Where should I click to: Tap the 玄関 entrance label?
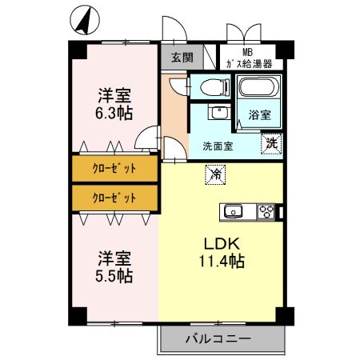pos(182,57)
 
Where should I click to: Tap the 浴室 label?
pos(259,114)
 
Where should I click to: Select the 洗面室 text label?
pos(217,146)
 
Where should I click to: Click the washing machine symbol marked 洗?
pos(272,145)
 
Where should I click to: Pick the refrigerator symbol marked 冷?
pos(215,171)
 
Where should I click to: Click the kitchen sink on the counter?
pos(234,212)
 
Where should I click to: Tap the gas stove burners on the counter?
pos(266,212)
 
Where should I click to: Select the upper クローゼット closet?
pos(114,169)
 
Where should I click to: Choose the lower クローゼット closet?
pos(114,197)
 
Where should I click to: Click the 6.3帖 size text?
pos(114,113)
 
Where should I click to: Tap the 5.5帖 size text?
pos(114,277)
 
